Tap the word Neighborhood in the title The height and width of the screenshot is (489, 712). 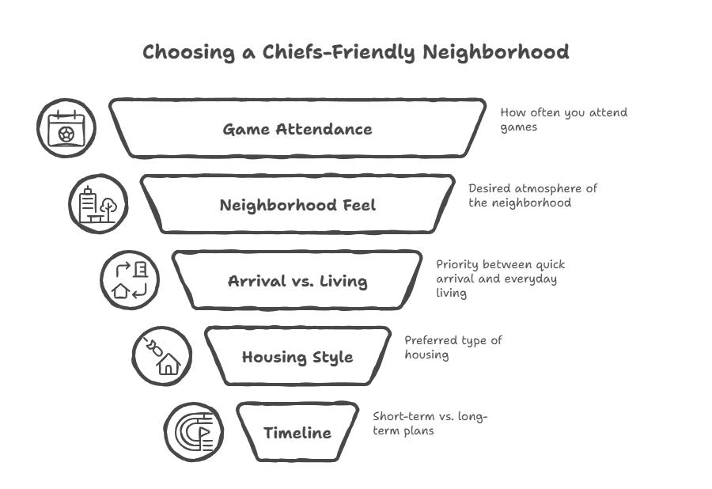click(x=495, y=53)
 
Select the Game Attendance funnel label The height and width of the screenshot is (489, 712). click(x=297, y=129)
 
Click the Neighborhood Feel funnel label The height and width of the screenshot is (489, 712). click(x=297, y=205)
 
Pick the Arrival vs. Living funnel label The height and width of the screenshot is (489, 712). click(x=297, y=281)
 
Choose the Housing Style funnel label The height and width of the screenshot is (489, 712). click(x=297, y=357)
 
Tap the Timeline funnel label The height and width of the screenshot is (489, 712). click(x=297, y=433)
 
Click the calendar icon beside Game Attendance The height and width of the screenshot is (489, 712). click(x=66, y=128)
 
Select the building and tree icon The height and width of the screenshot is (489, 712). click(x=98, y=204)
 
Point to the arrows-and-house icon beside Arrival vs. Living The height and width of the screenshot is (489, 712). click(x=130, y=280)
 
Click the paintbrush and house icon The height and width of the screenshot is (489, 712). click(x=161, y=356)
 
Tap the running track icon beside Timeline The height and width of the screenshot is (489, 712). click(x=193, y=432)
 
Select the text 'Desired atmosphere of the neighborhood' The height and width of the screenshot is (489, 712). click(x=532, y=195)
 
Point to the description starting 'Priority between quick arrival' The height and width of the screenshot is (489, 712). click(x=501, y=279)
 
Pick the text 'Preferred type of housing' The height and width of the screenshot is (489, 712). click(x=453, y=347)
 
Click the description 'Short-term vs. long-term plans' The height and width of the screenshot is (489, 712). click(x=430, y=423)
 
